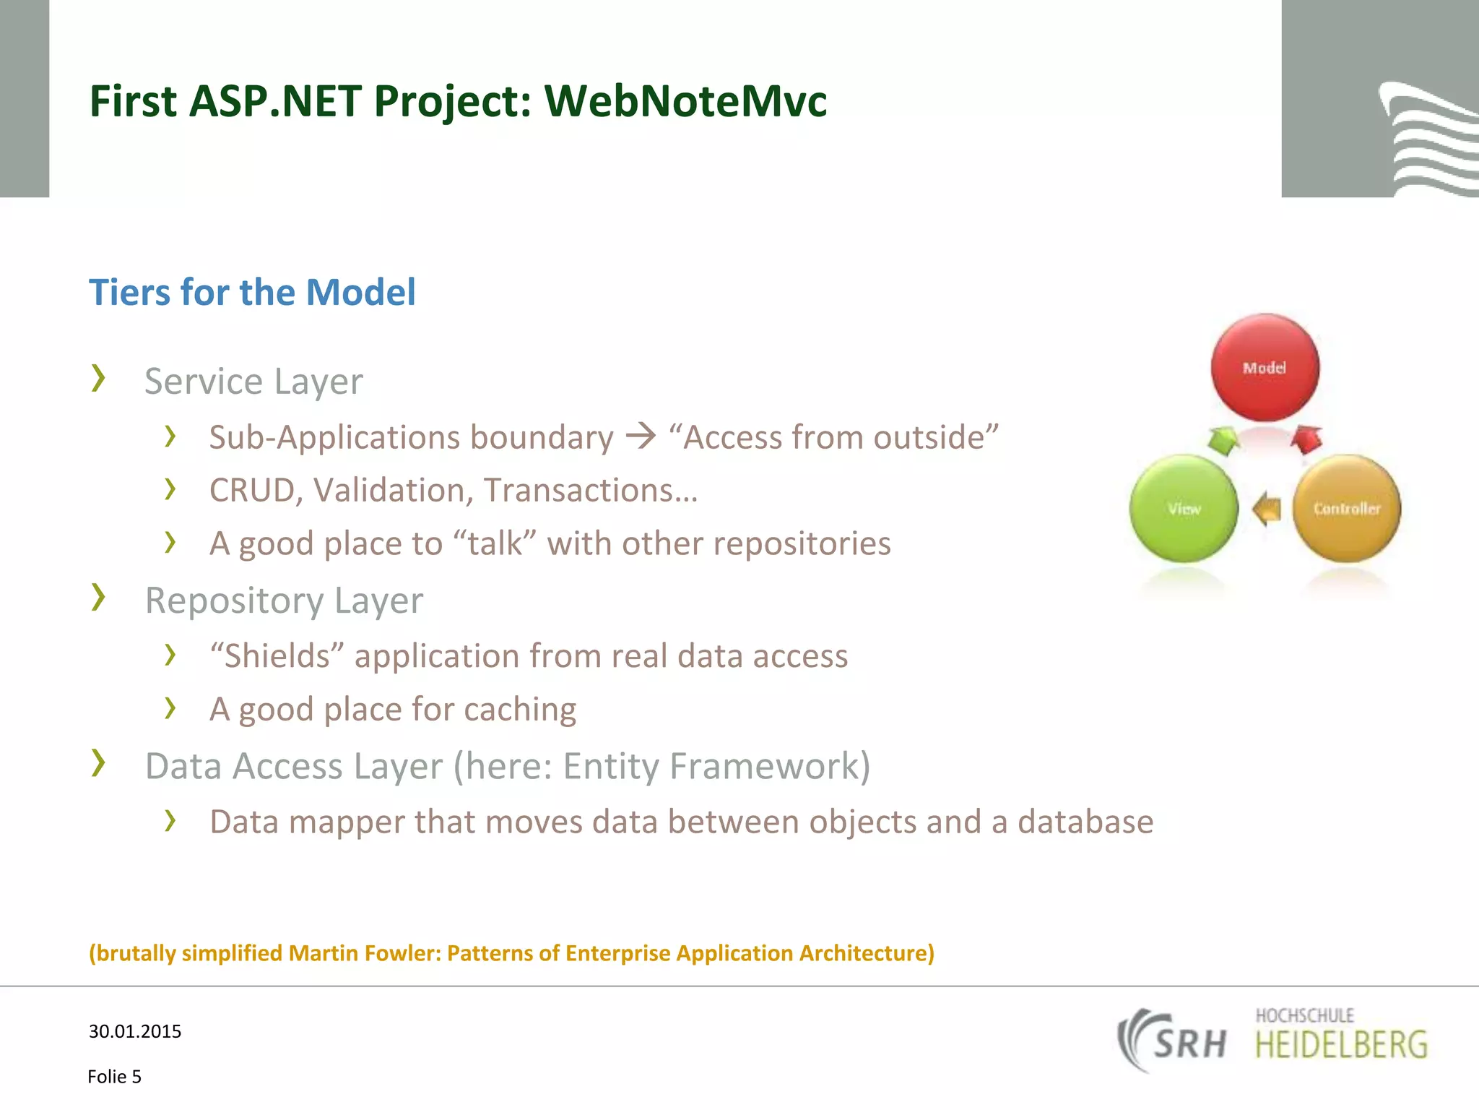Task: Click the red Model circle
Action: [1265, 367]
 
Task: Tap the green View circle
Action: [1184, 508]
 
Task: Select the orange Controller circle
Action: [1346, 508]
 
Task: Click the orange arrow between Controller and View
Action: [1267, 509]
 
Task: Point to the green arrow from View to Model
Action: [1222, 440]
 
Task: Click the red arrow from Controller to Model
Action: [1306, 439]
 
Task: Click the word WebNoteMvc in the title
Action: [685, 100]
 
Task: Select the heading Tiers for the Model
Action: [252, 293]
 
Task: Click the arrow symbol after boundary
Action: [641, 436]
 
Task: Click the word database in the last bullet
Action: [1085, 822]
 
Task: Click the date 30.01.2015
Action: [135, 1031]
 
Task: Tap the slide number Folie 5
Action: [114, 1077]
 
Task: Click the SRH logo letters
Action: [1189, 1043]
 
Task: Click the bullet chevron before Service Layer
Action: [99, 378]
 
